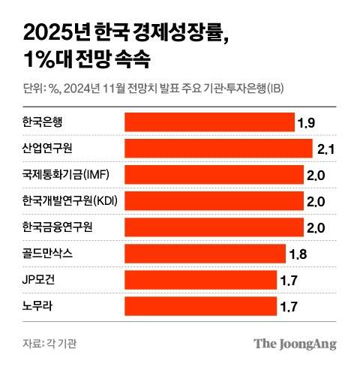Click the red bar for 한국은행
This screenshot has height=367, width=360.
pos(208,122)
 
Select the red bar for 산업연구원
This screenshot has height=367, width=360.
pos(217,148)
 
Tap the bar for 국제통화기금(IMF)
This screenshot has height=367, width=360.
pos(213,175)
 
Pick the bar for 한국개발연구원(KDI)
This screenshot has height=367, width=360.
pos(213,201)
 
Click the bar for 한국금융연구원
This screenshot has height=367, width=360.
pos(213,227)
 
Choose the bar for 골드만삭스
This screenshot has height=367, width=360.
pos(204,254)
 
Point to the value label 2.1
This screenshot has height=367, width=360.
pos(325,149)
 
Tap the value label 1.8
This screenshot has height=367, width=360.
pos(297,255)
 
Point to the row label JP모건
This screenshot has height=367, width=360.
pos(40,280)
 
